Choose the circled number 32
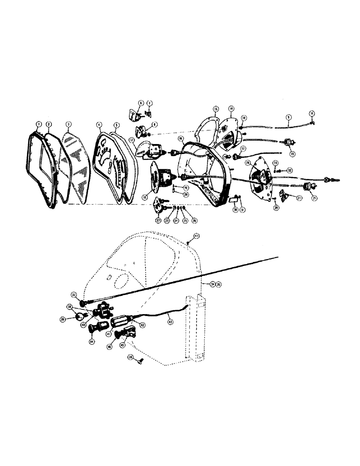pyautogui.click(x=290, y=170)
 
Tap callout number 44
pyautogui.click(x=91, y=342)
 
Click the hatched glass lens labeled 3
pyautogui.click(x=75, y=168)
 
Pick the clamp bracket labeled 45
pyautogui.click(x=127, y=335)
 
